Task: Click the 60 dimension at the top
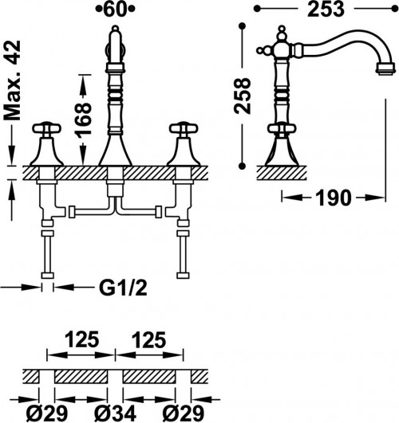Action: tap(115, 10)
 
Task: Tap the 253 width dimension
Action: tap(326, 10)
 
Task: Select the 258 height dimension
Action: tap(243, 96)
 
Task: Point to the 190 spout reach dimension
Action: tap(334, 198)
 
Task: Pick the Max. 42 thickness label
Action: tap(12, 80)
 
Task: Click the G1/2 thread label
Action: tap(123, 288)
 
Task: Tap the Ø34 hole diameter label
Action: tap(115, 413)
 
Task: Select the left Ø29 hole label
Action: tap(47, 413)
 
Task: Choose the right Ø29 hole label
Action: tap(184, 413)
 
